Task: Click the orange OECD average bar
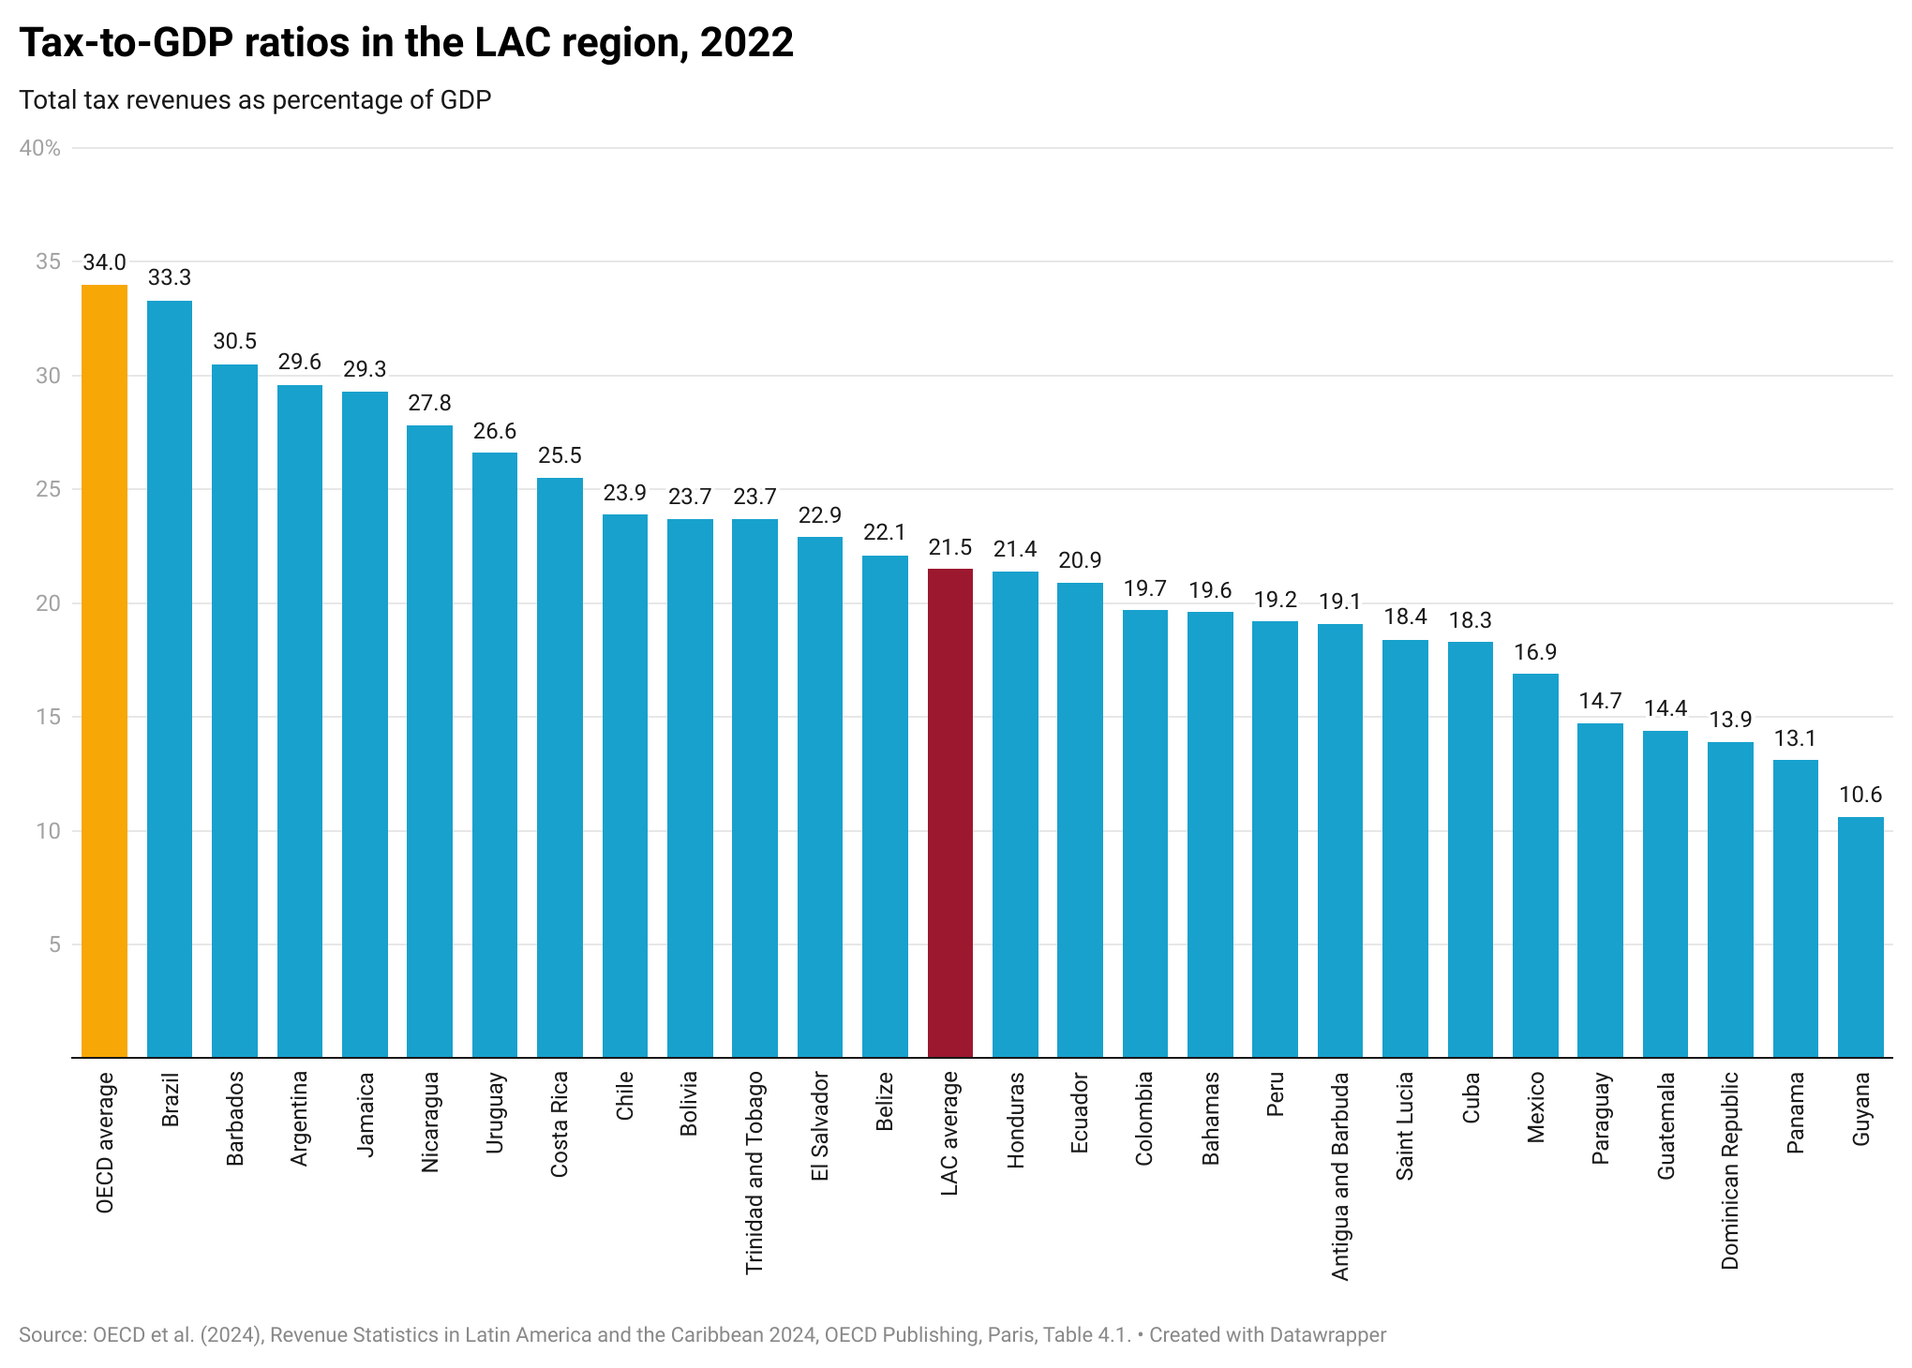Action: point(104,671)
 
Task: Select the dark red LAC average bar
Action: point(949,813)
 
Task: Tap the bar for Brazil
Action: point(170,679)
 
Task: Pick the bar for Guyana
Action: point(1860,937)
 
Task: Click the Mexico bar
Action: point(1535,866)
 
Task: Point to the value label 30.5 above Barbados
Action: point(234,342)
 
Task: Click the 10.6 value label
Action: point(1860,796)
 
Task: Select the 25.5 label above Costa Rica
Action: point(560,456)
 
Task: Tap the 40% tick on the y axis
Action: point(40,148)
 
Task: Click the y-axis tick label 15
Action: point(48,717)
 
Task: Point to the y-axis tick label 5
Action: point(54,944)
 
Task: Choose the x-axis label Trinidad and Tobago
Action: point(754,1172)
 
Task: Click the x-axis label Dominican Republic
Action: point(1730,1170)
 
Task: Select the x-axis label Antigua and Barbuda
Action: point(1340,1176)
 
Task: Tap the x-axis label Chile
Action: point(625,1096)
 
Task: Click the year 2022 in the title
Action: point(746,43)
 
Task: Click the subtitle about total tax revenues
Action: point(255,100)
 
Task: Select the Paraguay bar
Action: point(1600,890)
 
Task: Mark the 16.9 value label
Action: point(1535,653)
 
